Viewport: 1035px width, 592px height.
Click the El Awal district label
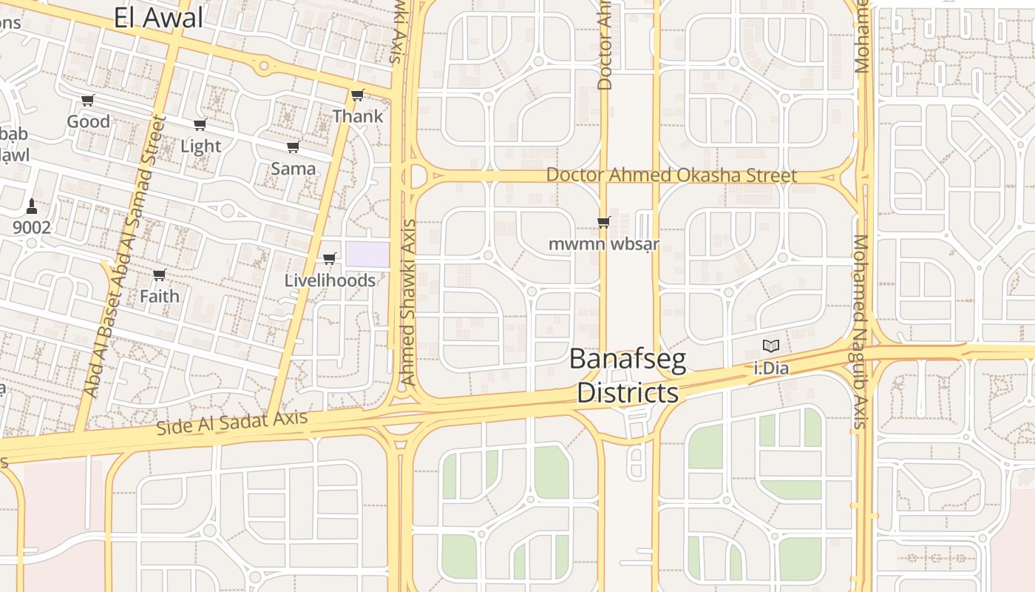pos(158,18)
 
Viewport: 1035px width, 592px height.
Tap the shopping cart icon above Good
pos(88,101)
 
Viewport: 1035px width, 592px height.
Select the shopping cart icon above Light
pos(200,125)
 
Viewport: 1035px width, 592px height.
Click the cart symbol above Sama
pos(293,147)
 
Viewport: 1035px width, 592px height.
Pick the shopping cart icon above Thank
pos(358,95)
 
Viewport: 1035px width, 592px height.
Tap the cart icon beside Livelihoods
pos(330,259)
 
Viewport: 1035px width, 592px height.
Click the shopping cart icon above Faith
pos(159,275)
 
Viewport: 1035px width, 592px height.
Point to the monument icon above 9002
pos(31,205)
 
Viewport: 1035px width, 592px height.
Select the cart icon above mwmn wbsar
pos(604,222)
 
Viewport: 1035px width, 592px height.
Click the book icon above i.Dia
pos(771,346)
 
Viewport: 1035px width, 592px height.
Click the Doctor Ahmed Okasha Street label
pos(671,175)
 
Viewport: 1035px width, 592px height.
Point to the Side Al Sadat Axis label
pos(232,423)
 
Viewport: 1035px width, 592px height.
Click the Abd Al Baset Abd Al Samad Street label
pos(124,256)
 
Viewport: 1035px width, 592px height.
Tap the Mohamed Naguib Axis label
pos(860,332)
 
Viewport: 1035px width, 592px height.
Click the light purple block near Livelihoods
pos(367,255)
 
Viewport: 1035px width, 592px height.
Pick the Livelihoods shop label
pos(330,280)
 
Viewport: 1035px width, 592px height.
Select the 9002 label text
pos(32,227)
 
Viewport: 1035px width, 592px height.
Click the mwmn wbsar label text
pos(604,243)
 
